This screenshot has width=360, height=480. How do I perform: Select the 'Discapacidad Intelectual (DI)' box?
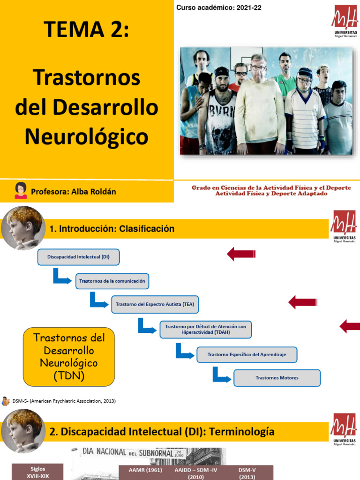78,257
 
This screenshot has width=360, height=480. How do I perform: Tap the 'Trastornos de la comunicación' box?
112,281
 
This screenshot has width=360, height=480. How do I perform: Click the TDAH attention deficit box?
206,329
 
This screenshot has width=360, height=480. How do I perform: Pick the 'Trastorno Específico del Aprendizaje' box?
247,354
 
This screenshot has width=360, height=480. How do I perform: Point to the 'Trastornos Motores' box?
277,378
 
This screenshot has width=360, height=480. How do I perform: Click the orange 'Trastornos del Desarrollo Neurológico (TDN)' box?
68,357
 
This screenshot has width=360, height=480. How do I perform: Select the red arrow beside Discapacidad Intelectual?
241,255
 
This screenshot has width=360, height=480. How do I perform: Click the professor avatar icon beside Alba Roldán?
21,190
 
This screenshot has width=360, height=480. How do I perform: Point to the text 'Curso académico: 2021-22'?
218,7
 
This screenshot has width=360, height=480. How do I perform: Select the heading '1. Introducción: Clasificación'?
112,229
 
